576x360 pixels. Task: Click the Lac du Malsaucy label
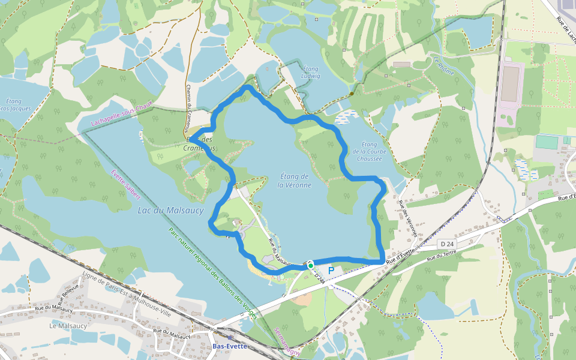click(170, 211)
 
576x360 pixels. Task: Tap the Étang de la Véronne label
click(294, 181)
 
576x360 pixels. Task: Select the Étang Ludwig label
click(311, 73)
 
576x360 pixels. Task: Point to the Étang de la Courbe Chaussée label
click(369, 151)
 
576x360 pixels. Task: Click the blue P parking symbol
click(331, 271)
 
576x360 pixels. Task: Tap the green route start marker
click(311, 265)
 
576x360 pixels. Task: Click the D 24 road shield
click(446, 244)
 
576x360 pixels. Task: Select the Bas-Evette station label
click(230, 346)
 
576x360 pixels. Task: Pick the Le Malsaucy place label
click(68, 326)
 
